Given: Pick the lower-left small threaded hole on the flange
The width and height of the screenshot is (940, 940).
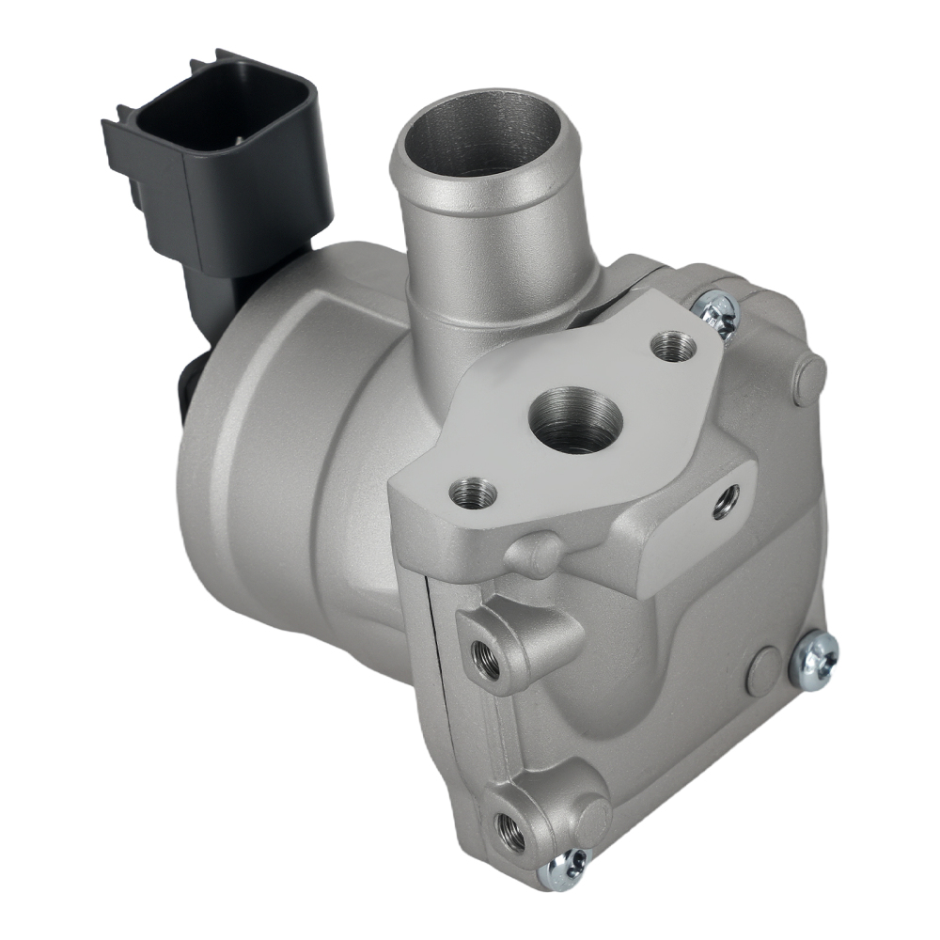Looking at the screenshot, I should (x=473, y=491).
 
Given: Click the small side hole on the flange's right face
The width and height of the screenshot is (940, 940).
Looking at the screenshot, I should (x=726, y=501).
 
